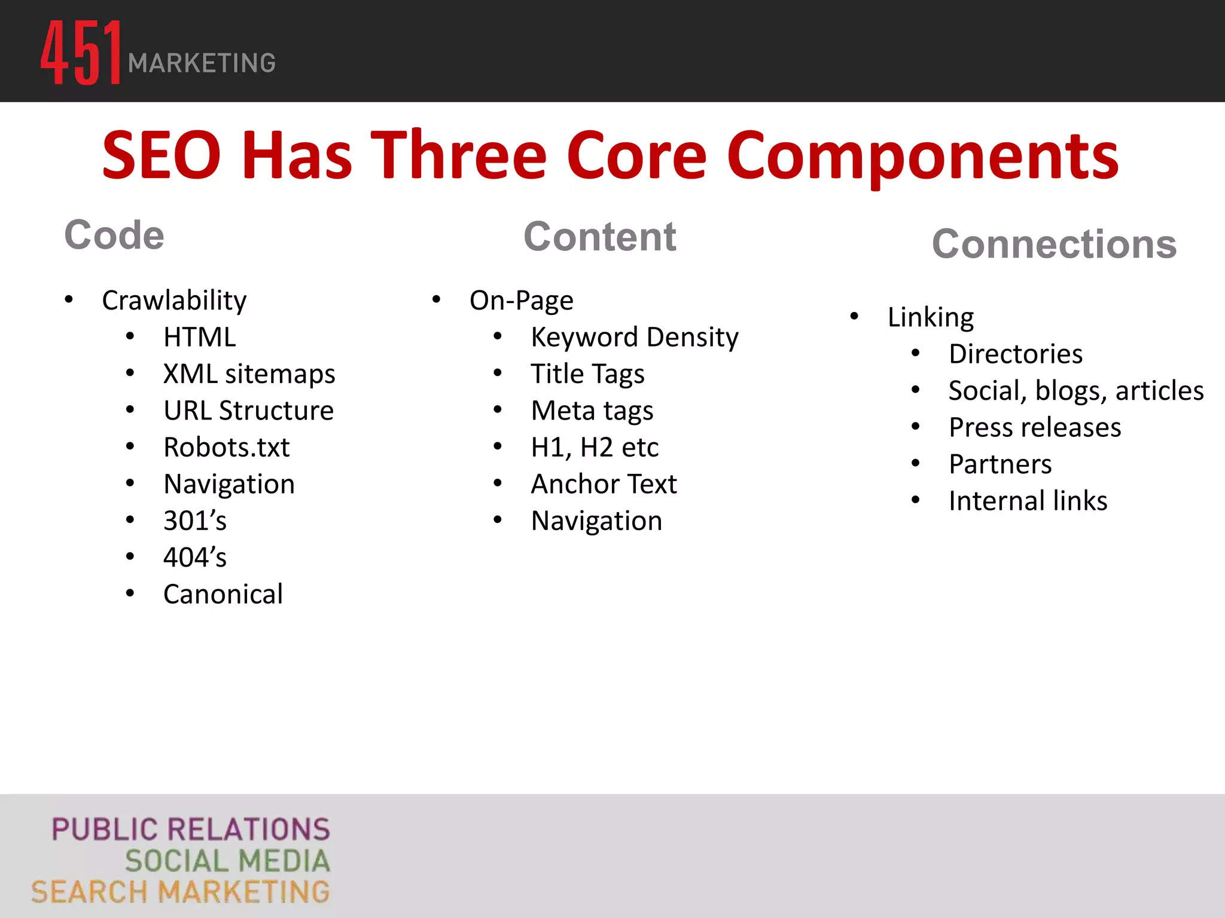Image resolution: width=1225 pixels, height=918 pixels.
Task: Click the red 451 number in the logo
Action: (x=81, y=53)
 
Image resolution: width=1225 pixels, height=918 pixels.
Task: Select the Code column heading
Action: (x=114, y=235)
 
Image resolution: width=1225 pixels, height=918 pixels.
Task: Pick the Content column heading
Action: (x=599, y=237)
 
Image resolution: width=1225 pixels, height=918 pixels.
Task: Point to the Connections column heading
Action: (x=1054, y=244)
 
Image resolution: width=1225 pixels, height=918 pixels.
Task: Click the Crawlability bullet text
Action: (x=174, y=300)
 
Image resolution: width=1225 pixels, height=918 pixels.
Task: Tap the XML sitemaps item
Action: (x=249, y=374)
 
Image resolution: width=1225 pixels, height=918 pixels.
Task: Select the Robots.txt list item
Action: (x=226, y=448)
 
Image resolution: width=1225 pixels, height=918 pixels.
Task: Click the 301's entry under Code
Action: (x=195, y=521)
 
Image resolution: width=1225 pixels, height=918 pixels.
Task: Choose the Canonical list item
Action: (x=223, y=594)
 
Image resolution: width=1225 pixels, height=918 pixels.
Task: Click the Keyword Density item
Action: (x=634, y=338)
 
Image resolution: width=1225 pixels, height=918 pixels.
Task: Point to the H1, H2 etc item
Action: (x=595, y=448)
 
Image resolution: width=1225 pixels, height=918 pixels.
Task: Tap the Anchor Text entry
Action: (x=604, y=484)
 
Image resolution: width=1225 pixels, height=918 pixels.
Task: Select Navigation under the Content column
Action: (x=596, y=521)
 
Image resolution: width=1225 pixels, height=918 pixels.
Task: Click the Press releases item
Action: (x=1035, y=427)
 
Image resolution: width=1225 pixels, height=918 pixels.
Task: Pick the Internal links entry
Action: (x=1028, y=501)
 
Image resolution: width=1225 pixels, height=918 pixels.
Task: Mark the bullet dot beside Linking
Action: (x=854, y=316)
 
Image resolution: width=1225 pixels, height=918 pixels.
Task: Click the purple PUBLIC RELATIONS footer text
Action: (x=191, y=830)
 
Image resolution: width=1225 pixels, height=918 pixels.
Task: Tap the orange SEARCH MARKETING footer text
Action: (x=181, y=892)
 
